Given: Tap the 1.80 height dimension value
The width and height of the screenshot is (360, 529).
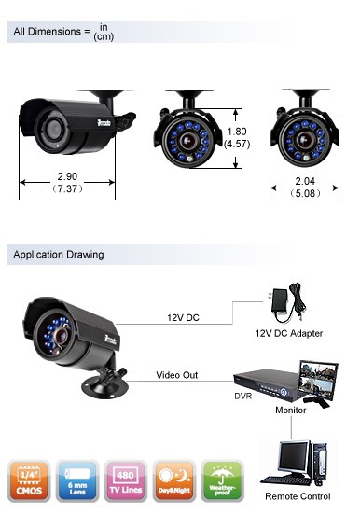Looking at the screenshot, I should (236, 132).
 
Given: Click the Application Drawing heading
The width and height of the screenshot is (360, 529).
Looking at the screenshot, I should (59, 255).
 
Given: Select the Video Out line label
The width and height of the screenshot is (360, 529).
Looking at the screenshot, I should (174, 375).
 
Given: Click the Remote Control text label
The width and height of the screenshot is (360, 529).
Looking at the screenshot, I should (298, 497).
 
